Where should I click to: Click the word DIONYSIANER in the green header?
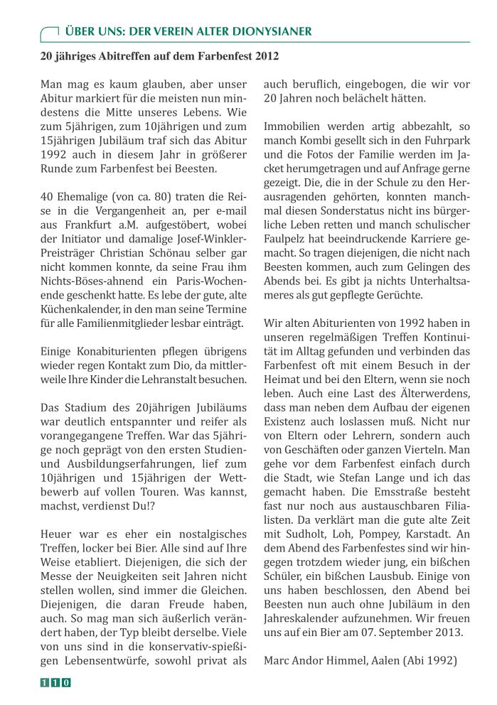274,32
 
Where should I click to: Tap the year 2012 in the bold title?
265,55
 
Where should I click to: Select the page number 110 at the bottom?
55,682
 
